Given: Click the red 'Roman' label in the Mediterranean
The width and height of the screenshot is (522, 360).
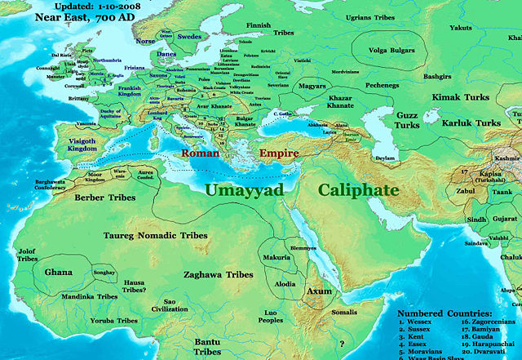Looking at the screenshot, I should pyautogui.click(x=200, y=153).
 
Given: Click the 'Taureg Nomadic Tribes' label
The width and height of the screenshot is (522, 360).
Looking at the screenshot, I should pyautogui.click(x=155, y=234).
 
